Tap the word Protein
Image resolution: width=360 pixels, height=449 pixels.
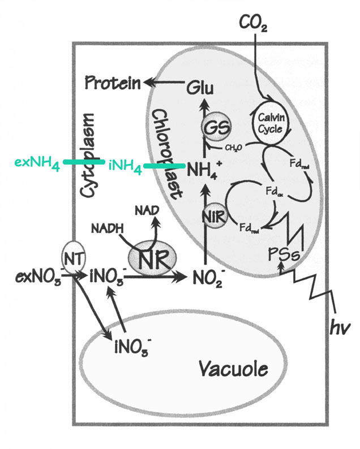click(113, 84)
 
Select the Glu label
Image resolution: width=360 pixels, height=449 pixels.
click(202, 88)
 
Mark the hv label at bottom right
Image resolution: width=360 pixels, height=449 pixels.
click(339, 326)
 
